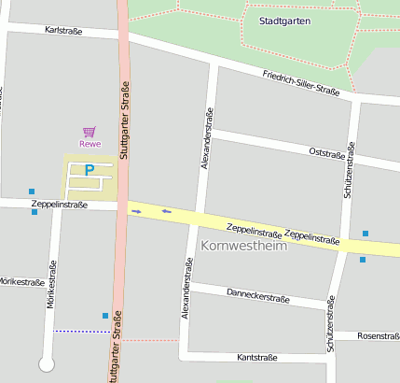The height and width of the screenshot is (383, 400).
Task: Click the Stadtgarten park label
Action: [284, 20]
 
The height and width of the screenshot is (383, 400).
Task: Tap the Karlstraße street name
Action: [63, 31]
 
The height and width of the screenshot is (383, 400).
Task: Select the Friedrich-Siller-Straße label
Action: [300, 83]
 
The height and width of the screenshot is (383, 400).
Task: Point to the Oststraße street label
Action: [326, 151]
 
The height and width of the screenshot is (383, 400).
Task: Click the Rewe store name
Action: [90, 144]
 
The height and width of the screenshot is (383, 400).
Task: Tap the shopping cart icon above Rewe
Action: [90, 132]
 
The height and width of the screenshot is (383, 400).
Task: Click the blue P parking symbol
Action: [90, 171]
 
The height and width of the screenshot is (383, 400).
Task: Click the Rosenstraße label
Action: [378, 335]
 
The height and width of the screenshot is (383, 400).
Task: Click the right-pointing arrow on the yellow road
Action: [136, 212]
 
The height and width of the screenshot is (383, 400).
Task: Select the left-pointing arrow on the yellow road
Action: [166, 211]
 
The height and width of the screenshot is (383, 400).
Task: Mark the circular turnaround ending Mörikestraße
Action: [46, 364]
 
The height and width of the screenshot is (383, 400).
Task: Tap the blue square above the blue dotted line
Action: [104, 316]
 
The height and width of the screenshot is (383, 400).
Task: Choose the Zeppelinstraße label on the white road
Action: [59, 204]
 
